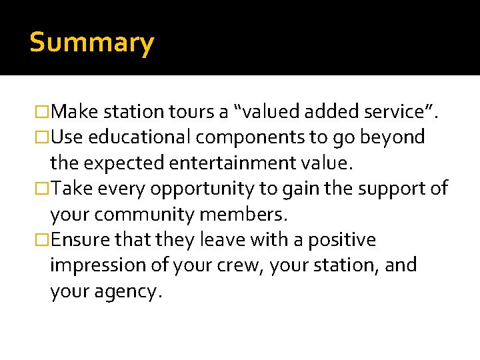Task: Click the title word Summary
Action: tap(92, 43)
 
